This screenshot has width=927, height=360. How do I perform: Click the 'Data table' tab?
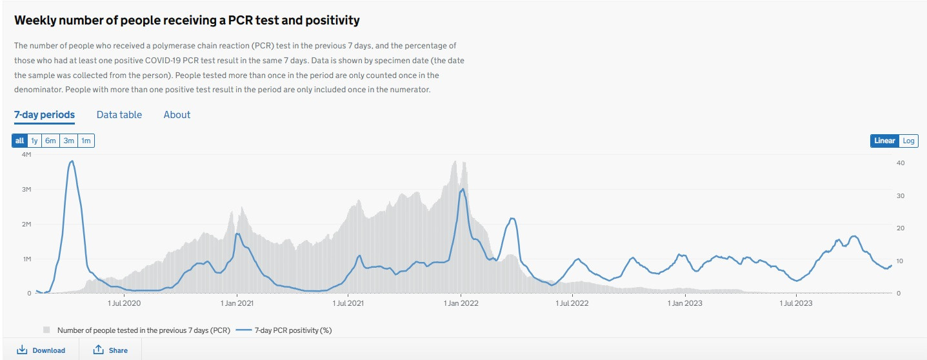(x=119, y=115)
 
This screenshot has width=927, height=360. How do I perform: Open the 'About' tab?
(x=177, y=115)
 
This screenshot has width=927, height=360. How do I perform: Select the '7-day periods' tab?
(x=45, y=115)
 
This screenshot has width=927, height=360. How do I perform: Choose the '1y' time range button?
(x=35, y=141)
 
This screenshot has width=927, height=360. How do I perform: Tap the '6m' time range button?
(x=51, y=141)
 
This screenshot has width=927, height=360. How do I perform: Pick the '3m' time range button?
(x=68, y=141)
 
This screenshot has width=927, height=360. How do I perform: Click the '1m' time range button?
(x=86, y=141)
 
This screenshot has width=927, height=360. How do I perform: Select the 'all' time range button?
(x=19, y=141)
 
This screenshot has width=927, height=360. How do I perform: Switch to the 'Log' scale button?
(x=908, y=141)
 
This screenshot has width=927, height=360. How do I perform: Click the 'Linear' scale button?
(x=884, y=141)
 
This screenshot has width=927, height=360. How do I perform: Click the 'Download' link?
(x=41, y=350)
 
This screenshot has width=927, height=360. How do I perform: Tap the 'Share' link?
(x=110, y=350)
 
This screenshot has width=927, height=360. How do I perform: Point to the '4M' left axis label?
(x=26, y=155)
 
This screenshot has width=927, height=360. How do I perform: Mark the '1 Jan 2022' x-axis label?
(x=461, y=303)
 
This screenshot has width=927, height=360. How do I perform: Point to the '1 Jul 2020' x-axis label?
(x=125, y=303)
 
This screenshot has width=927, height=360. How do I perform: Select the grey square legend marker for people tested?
(x=47, y=330)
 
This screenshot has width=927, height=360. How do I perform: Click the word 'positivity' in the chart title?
(x=331, y=21)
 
